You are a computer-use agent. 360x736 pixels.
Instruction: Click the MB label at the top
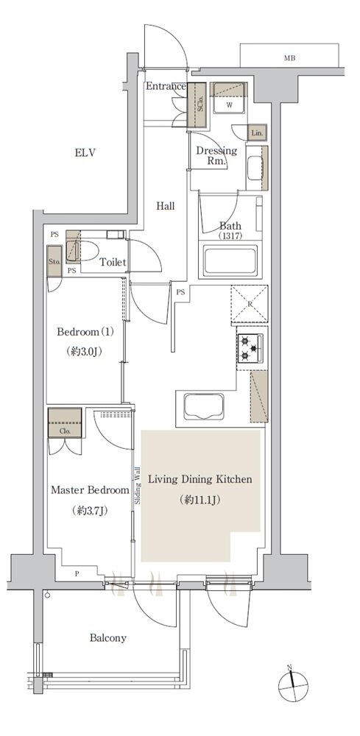coord(289,58)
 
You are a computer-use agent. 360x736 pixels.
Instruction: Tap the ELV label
coord(85,152)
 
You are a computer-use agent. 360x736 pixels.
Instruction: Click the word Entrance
coord(166,86)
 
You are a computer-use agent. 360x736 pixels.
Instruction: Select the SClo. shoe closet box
coord(197,105)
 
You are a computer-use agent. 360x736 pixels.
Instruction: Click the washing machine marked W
coord(230,98)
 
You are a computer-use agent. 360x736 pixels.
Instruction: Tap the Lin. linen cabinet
coord(257,132)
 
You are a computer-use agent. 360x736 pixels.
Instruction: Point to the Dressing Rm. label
coord(216,156)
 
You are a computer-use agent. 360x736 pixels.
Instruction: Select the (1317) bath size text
coord(230,236)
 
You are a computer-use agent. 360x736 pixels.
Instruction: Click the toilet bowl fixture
coord(82,250)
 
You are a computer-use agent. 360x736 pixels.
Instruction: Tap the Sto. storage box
coord(54,261)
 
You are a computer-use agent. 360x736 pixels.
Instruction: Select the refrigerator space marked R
coord(250,305)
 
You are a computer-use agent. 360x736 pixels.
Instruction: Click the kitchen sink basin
coord(203,407)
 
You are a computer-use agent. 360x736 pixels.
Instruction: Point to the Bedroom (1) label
coord(85,333)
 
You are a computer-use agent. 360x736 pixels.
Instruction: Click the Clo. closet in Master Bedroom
coord(65,423)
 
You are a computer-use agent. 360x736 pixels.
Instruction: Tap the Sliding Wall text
coord(138,485)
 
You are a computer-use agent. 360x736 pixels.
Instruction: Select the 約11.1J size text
coord(200,500)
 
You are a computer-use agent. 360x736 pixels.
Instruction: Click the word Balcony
coord(108,638)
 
